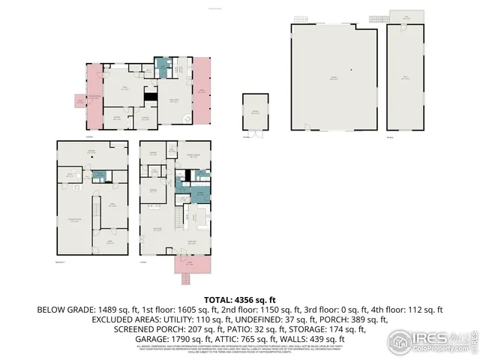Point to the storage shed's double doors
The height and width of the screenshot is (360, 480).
(x=256, y=133)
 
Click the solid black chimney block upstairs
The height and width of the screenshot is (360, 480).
(x=150, y=96)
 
